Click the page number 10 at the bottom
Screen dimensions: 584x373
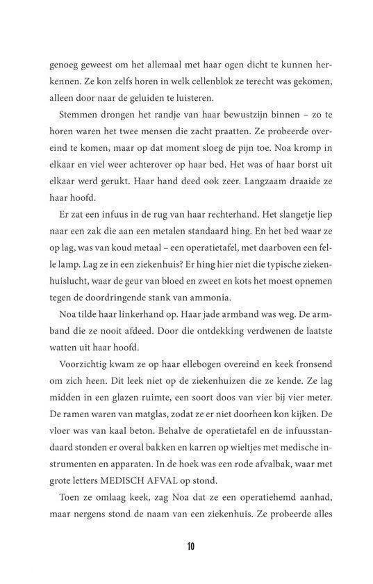[189, 545]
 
